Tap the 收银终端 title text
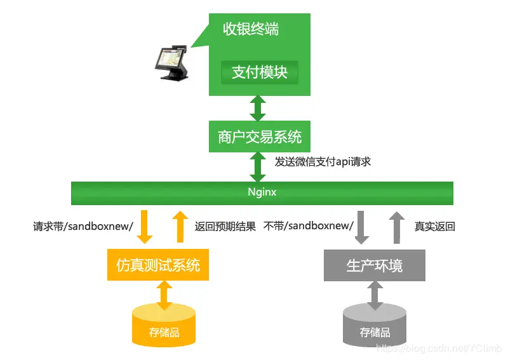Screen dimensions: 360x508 251,29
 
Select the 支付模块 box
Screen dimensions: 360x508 259,72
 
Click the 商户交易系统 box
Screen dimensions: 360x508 260,137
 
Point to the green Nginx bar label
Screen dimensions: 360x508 262,192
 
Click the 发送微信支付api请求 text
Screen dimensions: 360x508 322,162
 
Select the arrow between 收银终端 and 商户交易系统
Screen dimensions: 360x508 258,109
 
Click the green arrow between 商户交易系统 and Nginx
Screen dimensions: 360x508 258,167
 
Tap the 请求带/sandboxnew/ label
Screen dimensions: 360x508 83,227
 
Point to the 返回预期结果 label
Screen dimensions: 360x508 225,227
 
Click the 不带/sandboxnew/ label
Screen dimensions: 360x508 308,227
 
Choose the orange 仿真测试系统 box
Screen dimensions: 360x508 158,265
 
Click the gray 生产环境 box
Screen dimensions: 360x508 375,265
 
